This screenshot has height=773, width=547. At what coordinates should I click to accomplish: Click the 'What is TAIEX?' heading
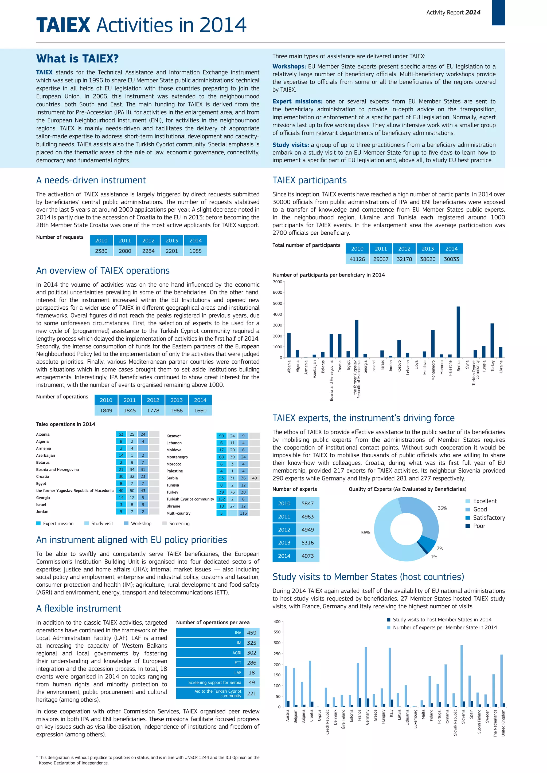77,58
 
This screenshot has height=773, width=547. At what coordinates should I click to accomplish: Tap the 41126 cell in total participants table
357,259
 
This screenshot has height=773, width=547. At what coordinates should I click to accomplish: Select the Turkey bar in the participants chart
492,340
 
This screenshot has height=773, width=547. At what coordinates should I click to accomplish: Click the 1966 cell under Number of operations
177,411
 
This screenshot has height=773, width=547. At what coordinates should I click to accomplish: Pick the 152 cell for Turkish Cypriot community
221,499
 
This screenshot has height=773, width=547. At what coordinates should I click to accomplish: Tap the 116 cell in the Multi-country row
243,513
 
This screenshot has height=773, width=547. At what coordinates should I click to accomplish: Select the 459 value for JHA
252,633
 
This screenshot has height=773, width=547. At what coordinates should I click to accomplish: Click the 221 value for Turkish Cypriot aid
252,693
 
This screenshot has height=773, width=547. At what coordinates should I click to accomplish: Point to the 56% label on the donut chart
365,533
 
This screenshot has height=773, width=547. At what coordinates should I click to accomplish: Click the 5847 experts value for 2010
307,503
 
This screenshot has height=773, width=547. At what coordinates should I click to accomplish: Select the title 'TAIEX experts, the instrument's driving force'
364,418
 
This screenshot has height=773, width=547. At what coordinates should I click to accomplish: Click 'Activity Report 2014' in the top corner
453,13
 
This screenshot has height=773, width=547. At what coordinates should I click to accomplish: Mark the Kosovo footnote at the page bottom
148,760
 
